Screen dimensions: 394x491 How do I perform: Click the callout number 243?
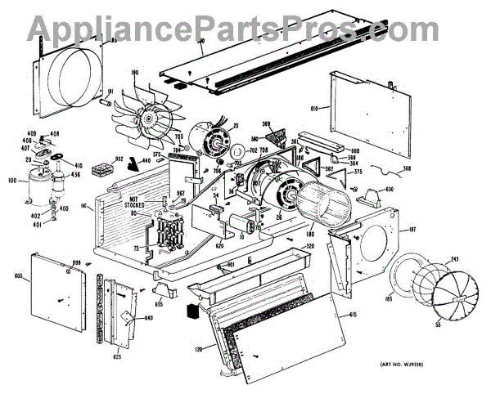[x=453, y=259]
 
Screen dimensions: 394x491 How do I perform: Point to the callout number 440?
[x=146, y=161]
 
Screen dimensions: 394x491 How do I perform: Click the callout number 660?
[x=354, y=150]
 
